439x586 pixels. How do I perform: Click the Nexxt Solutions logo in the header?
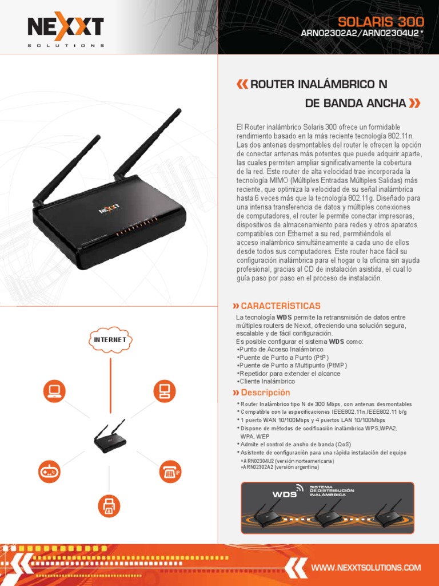tap(66, 29)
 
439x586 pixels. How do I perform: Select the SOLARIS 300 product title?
tap(381, 22)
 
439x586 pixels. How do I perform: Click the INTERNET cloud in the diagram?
tap(110, 340)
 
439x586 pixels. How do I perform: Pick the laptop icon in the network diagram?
tap(54, 391)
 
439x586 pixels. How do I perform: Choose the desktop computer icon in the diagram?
tap(165, 391)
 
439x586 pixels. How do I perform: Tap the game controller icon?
tap(49, 472)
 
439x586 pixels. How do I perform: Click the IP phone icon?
tap(170, 472)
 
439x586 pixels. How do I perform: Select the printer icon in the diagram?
tap(109, 506)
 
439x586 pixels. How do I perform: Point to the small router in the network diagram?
tap(109, 437)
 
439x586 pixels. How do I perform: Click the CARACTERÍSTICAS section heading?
tap(277, 306)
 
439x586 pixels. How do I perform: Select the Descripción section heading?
tap(261, 393)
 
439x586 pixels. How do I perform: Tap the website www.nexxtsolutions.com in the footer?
tap(366, 567)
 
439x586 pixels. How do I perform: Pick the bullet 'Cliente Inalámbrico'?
tap(266, 381)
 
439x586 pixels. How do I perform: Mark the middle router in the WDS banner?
tap(328, 513)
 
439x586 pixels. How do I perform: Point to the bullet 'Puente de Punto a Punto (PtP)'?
tap(282, 357)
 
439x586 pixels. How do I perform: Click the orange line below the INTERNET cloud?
tap(110, 385)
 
